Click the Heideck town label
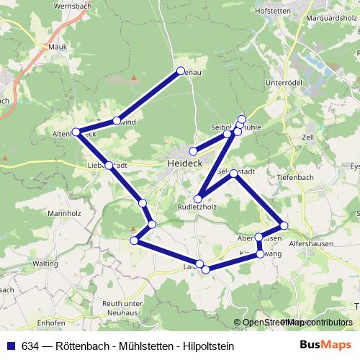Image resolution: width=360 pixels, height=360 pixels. pos(184,163)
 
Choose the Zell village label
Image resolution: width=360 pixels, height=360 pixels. pos(310,136)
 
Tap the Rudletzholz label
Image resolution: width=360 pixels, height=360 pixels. pos(197,207)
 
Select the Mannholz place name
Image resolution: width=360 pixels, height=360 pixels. pos(63,214)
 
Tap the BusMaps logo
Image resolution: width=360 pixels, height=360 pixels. pos(330,346)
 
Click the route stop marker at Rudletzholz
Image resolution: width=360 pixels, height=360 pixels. pos(198,198)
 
